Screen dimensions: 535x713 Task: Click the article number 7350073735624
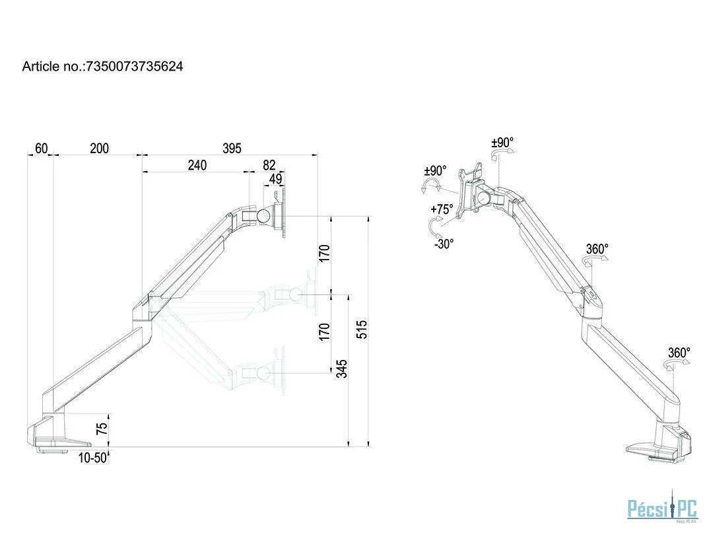click(x=133, y=66)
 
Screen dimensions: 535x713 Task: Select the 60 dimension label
click(x=41, y=148)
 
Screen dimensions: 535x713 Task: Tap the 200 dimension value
click(x=99, y=148)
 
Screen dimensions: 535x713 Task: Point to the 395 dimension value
click(x=232, y=148)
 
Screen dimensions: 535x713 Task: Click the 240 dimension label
click(x=197, y=165)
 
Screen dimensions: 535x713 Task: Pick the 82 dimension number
click(x=269, y=165)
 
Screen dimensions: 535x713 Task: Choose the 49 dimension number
click(x=276, y=178)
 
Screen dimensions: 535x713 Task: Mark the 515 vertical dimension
click(x=362, y=329)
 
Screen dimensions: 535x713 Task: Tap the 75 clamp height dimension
click(x=101, y=428)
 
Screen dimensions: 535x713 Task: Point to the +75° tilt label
click(x=442, y=209)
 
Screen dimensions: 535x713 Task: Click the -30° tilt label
click(x=444, y=244)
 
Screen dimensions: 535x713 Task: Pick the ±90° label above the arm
click(x=502, y=143)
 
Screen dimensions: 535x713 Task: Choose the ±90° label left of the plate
click(x=435, y=170)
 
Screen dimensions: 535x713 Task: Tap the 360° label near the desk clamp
click(x=679, y=353)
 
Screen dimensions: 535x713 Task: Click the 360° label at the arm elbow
click(x=597, y=249)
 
